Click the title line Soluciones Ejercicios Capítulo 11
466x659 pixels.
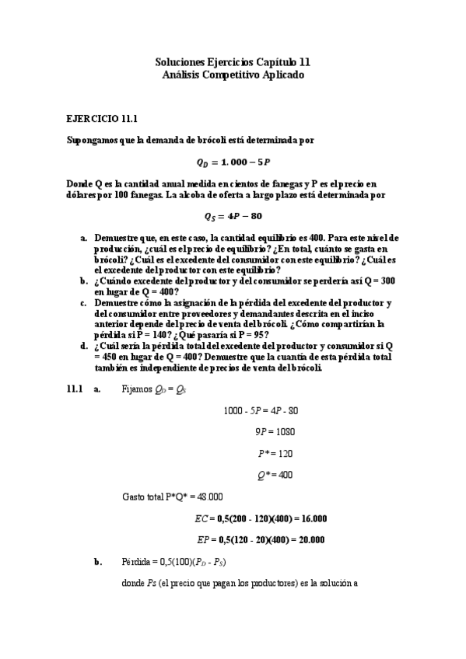(233, 61)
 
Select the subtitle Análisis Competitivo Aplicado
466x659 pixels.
(233, 75)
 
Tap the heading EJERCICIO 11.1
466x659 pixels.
(102, 119)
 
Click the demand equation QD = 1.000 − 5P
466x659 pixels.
(233, 162)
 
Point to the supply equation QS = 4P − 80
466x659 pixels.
(233, 216)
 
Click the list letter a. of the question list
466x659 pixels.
(84, 236)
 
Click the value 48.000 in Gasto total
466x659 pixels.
(208, 496)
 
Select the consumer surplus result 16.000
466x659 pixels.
(310, 518)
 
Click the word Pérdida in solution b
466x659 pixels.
(136, 561)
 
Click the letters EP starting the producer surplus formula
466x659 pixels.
(201, 539)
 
